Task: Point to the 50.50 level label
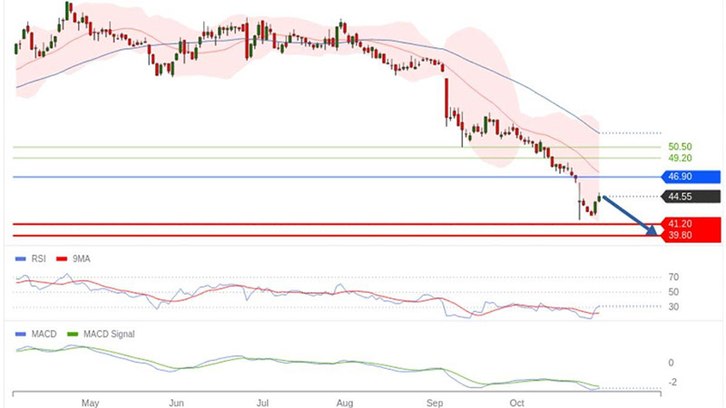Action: coord(680,146)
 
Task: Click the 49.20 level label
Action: coord(680,158)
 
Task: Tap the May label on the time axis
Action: coord(89,401)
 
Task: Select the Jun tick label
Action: coord(177,401)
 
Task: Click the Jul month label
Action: coord(263,401)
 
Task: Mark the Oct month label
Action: coord(517,401)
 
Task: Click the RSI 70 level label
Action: coord(673,277)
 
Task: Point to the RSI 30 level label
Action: coord(673,306)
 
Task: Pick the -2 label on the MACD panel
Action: coord(672,382)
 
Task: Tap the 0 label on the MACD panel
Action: coord(671,363)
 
